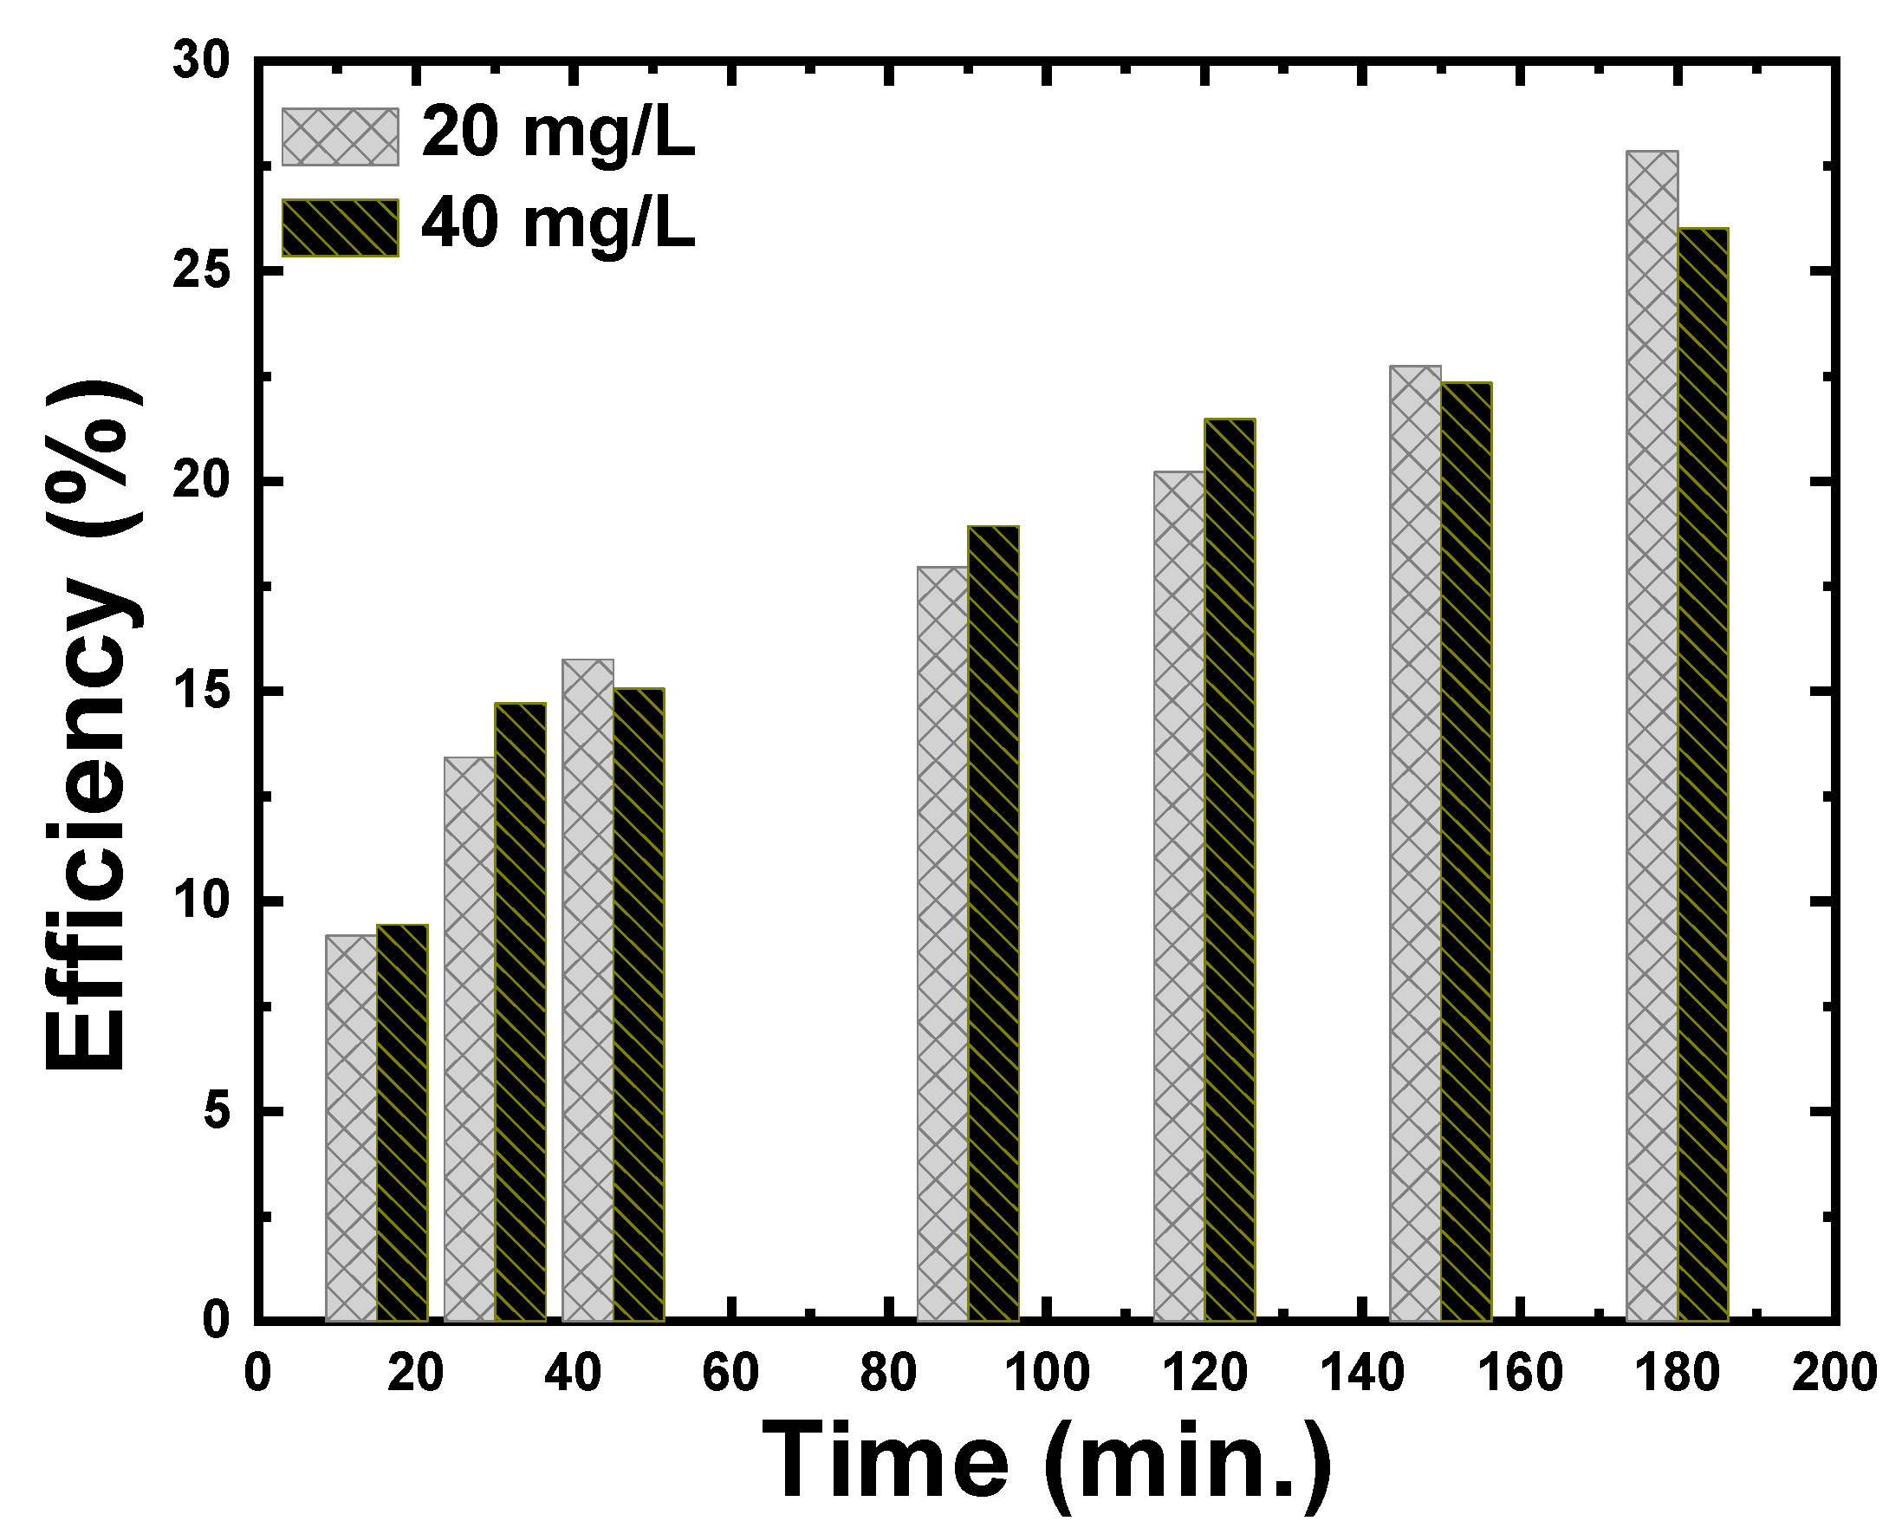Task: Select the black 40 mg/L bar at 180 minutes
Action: [x=1703, y=775]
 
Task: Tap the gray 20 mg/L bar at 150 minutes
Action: [x=1414, y=843]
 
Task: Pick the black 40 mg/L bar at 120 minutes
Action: [x=1229, y=870]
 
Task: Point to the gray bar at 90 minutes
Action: [x=942, y=944]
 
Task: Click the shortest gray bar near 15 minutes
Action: [x=351, y=1128]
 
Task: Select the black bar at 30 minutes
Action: [x=520, y=1011]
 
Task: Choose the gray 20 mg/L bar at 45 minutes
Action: [x=587, y=990]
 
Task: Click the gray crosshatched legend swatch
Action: [x=341, y=137]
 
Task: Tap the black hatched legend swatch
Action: [x=341, y=228]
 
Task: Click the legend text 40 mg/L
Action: [x=558, y=225]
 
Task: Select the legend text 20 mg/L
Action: [x=558, y=135]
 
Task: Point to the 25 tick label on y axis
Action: [x=201, y=272]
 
